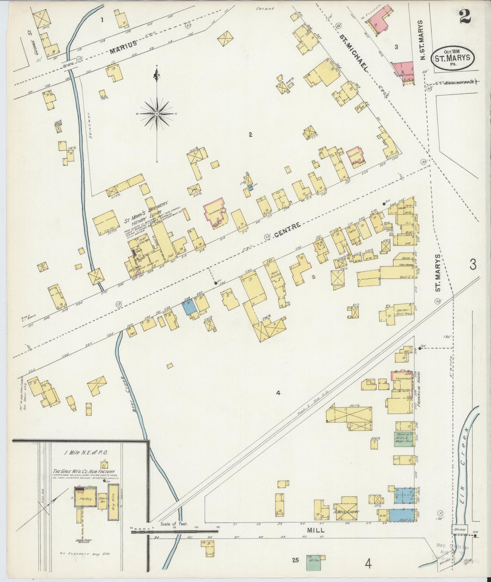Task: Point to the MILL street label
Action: [316, 539]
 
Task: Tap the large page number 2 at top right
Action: [465, 16]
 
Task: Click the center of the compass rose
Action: [157, 114]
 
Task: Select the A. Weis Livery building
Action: [346, 511]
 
